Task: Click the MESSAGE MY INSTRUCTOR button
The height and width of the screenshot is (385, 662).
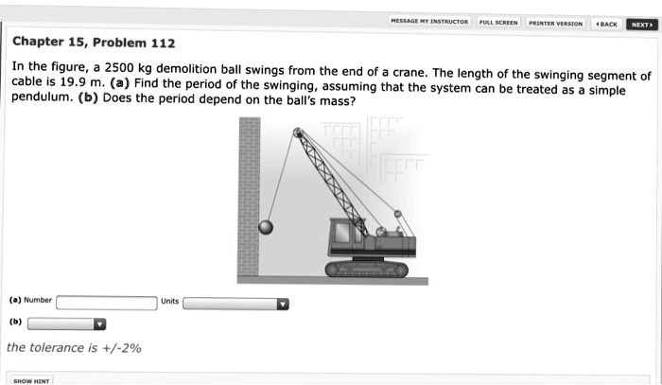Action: click(x=429, y=22)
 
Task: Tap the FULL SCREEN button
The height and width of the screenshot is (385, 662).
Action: click(x=497, y=22)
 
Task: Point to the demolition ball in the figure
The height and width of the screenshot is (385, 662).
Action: click(x=266, y=226)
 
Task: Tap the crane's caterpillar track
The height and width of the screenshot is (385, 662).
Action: click(x=366, y=270)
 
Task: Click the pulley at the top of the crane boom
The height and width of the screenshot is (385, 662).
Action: click(x=299, y=133)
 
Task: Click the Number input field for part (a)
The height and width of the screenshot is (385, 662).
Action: click(x=107, y=303)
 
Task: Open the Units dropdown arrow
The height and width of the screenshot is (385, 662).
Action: click(x=282, y=304)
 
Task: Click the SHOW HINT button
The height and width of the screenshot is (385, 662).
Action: click(x=30, y=380)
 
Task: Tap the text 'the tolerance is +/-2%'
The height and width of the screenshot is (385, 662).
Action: click(x=74, y=348)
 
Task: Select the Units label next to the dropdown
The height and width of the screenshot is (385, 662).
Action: click(x=169, y=301)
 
